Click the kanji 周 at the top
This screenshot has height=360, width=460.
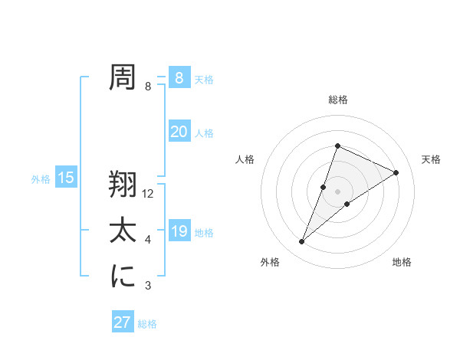pyautogui.click(x=123, y=77)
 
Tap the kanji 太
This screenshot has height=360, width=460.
pyautogui.click(x=123, y=231)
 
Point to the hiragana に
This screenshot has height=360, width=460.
pyautogui.click(x=123, y=277)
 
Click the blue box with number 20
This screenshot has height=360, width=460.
pyautogui.click(x=179, y=132)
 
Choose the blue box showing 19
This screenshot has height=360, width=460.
pyautogui.click(x=179, y=231)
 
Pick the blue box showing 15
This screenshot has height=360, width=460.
pyautogui.click(x=66, y=178)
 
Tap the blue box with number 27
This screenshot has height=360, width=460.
pyautogui.click(x=122, y=322)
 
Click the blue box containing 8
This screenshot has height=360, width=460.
pyautogui.click(x=179, y=78)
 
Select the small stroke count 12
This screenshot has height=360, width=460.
pyautogui.click(x=149, y=194)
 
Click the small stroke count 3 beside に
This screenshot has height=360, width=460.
pyautogui.click(x=148, y=286)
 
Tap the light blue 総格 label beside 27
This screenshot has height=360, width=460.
pyautogui.click(x=147, y=324)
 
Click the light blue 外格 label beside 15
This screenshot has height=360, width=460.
pyautogui.click(x=41, y=179)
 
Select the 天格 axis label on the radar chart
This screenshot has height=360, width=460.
pyautogui.click(x=432, y=159)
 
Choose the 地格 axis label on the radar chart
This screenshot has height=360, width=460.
pyautogui.click(x=402, y=262)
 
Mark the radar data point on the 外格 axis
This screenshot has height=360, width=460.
pyautogui.click(x=301, y=242)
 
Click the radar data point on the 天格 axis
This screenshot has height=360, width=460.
pyautogui.click(x=396, y=172)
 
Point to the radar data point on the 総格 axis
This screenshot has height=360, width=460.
pyautogui.click(x=337, y=146)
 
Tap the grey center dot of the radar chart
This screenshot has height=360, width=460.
pyautogui.click(x=337, y=191)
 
